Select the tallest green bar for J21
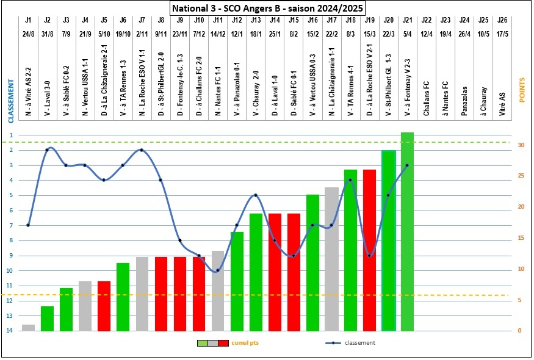[407, 232]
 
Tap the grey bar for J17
[331, 259]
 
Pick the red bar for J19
[369, 250]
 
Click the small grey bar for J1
[28, 328]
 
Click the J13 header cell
[255, 20]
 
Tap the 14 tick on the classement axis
[10, 331]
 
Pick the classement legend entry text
[360, 343]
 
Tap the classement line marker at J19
[369, 256]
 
